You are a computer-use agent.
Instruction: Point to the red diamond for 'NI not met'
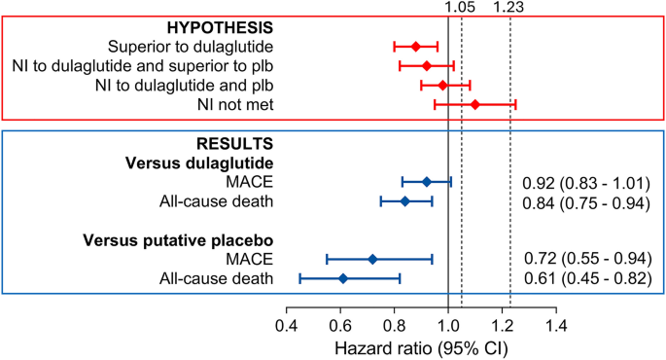coord(474,103)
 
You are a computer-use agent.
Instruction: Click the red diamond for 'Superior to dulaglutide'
coord(415,46)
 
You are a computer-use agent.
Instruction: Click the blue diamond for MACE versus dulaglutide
coord(426,181)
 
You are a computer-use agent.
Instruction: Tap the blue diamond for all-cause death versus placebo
coord(343,278)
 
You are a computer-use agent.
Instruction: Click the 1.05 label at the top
coord(459,9)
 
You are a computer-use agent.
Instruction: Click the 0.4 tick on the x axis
coord(286,322)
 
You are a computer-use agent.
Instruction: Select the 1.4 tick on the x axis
coord(555,322)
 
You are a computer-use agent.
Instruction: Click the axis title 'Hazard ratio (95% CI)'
coord(420,346)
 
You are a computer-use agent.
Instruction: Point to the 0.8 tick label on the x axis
coord(394,322)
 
